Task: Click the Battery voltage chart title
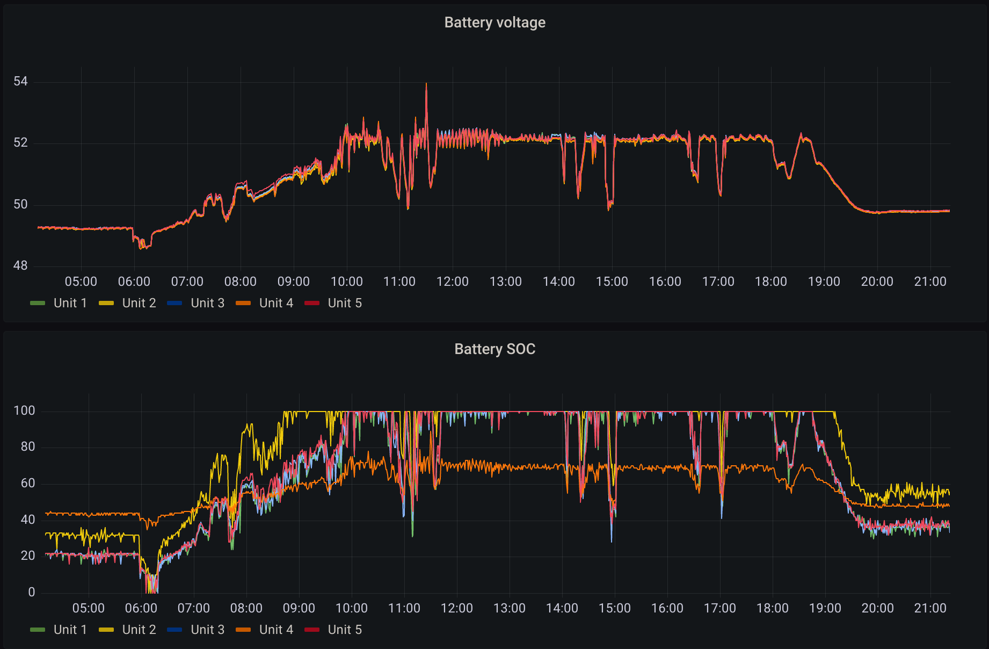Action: coord(494,23)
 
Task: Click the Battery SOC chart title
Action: coord(494,349)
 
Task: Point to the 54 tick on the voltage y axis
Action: coord(20,82)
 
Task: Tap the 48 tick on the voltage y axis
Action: coord(20,266)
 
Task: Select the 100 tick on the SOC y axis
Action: coord(24,411)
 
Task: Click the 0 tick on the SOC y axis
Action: coord(32,592)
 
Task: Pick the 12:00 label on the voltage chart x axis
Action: coord(453,282)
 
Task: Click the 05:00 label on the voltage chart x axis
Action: coord(81,282)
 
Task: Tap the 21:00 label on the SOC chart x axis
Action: coord(930,608)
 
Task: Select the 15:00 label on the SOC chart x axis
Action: coord(615,608)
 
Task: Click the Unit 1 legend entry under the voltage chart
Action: coord(59,303)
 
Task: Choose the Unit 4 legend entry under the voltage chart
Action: coord(264,303)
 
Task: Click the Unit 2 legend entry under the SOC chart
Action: coord(127,630)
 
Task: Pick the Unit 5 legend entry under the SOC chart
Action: coord(333,630)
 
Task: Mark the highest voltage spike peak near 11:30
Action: coord(426,83)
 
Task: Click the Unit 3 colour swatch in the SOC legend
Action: coord(174,630)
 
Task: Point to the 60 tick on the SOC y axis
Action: coord(28,484)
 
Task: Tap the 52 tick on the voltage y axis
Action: coord(20,143)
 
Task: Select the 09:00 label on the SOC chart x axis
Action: coord(299,608)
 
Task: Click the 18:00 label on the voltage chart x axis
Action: coord(771,282)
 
